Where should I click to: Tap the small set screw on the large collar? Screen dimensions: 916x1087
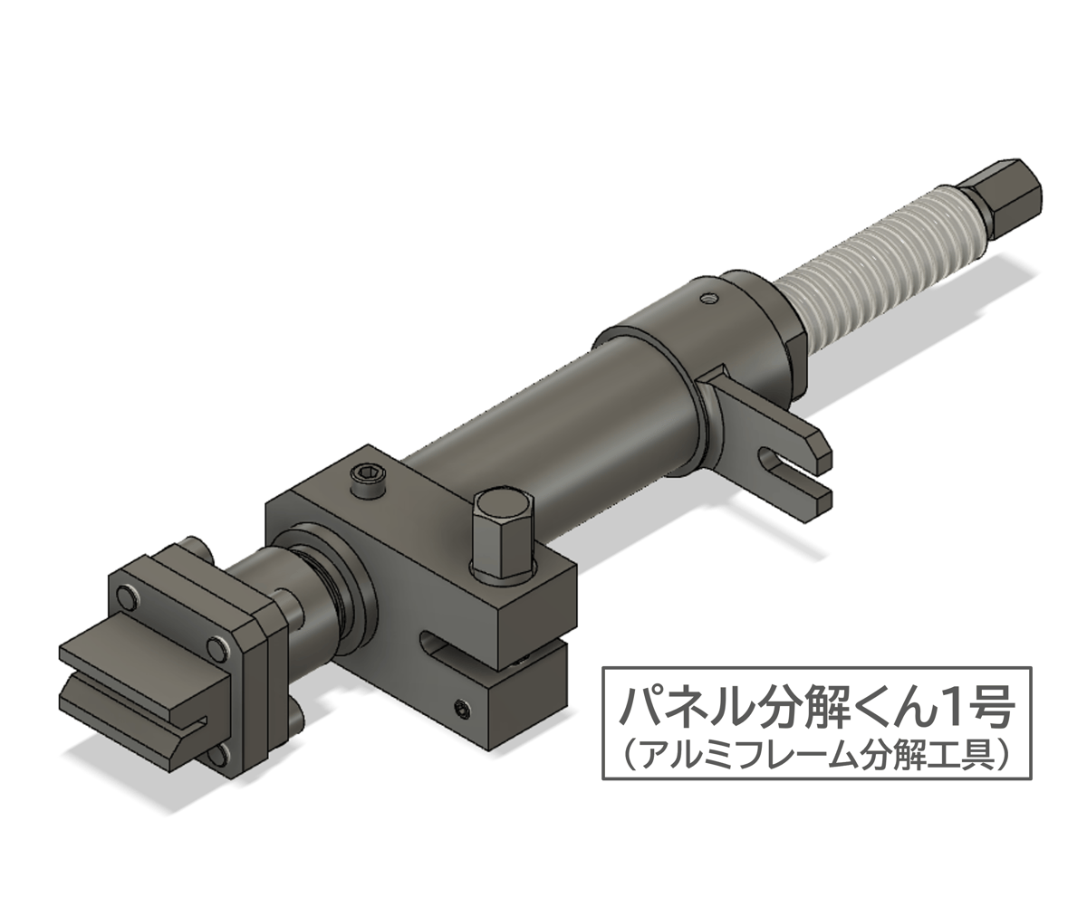tap(707, 296)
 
